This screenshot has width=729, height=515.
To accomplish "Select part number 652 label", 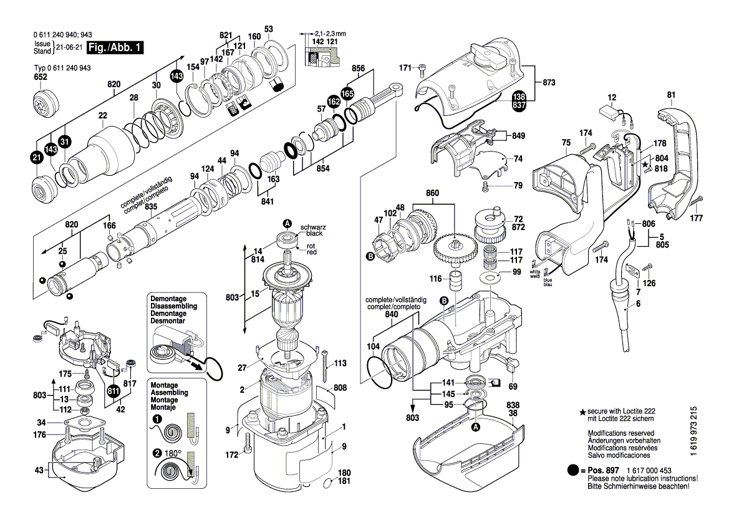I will [40, 77].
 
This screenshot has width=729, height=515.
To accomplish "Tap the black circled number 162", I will [334, 100].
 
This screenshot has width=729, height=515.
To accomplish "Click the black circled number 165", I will [347, 92].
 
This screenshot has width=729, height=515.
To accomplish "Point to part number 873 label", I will [549, 82].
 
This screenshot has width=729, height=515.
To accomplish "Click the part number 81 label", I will [671, 95].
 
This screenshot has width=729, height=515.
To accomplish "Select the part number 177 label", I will [697, 218].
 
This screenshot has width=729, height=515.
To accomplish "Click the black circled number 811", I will [113, 392].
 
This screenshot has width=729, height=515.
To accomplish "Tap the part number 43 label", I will [39, 470].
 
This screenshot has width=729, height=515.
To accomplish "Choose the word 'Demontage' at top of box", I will [168, 299].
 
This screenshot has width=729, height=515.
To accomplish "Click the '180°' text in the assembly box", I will [173, 453].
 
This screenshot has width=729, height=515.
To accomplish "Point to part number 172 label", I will [232, 455].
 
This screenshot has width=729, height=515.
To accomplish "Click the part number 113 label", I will [340, 363].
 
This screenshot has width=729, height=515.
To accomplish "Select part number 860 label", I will [433, 194].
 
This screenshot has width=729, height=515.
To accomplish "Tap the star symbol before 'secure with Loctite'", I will [582, 413].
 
